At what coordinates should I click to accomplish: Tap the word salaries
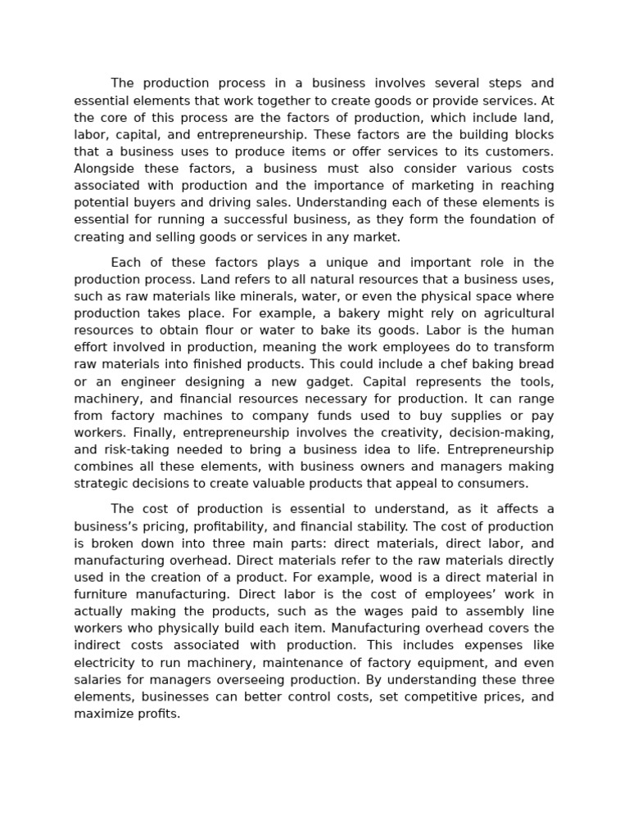pos(97,680)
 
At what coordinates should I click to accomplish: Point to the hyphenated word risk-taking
pos(135,449)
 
